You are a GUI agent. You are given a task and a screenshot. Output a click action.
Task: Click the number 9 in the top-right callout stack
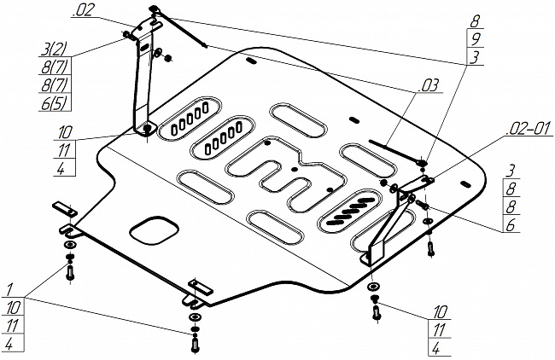click(x=475, y=39)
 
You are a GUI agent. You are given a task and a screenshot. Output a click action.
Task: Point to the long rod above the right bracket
click(x=394, y=150)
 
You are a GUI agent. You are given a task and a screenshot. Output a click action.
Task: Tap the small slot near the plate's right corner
click(x=464, y=182)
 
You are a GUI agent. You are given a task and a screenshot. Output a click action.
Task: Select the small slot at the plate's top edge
click(x=252, y=61)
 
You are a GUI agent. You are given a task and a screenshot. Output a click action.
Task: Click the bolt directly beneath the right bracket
click(x=375, y=311)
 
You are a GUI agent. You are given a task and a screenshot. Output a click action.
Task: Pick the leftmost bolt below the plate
click(x=69, y=272)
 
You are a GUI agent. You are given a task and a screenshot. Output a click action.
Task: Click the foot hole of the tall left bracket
click(x=148, y=129)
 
